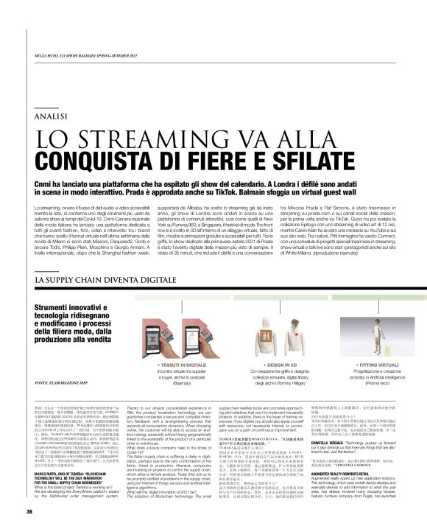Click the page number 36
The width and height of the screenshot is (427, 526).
[x=29, y=512]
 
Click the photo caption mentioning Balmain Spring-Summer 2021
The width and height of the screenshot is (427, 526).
[x=88, y=55]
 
